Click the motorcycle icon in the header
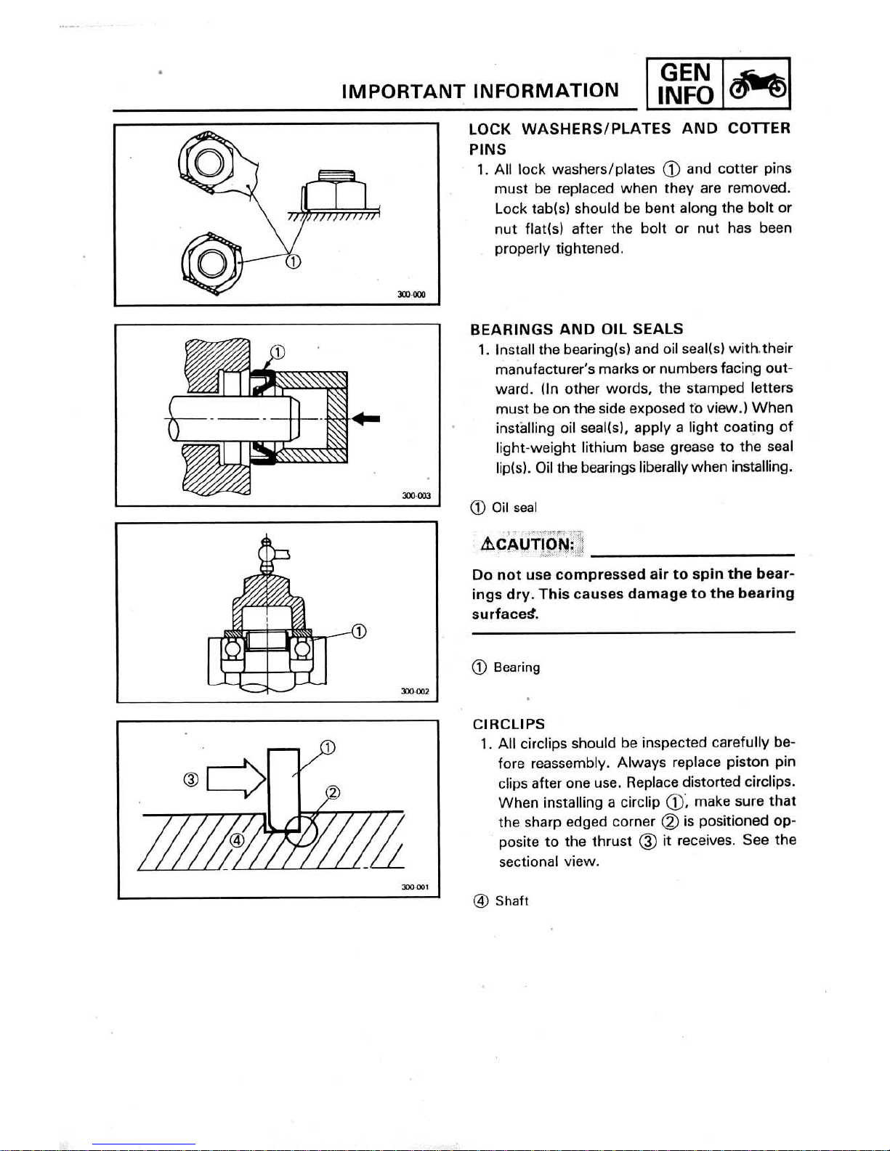tap(757, 84)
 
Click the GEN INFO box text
tap(685, 84)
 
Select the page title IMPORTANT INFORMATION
tap(480, 91)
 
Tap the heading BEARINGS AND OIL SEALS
tap(576, 329)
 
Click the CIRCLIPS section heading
tap(509, 724)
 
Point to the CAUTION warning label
tap(527, 544)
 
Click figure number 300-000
tap(411, 295)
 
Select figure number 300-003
tap(416, 496)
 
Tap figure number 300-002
tap(415, 691)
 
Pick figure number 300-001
tap(416, 887)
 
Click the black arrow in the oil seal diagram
tap(366, 419)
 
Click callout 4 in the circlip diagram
tap(238, 841)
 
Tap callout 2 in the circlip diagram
tap(333, 792)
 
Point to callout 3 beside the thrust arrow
tap(191, 779)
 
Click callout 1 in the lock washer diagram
tap(293, 261)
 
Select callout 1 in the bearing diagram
tap(359, 631)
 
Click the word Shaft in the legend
tap(511, 901)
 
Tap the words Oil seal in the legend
tap(514, 508)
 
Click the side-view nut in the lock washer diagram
tap(333, 192)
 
